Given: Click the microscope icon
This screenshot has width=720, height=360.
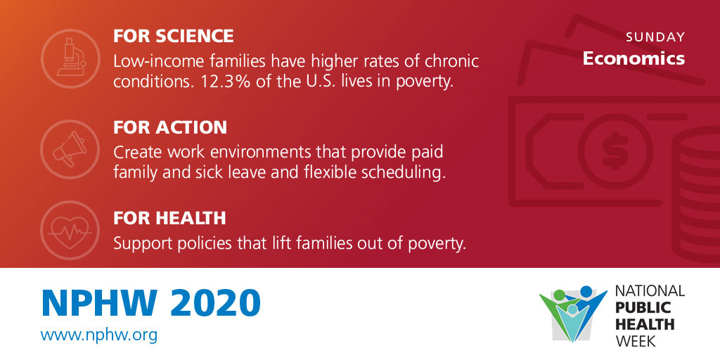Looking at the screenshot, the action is (x=70, y=58).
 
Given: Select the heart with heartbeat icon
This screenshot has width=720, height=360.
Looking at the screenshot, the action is (x=70, y=231).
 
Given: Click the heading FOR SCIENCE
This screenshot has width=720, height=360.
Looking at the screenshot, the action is (x=174, y=37).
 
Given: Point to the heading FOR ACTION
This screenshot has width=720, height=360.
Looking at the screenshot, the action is (x=170, y=127).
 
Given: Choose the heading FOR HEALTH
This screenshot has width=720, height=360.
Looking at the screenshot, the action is (x=169, y=218).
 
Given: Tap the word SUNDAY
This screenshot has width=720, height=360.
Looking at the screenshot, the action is (x=655, y=37).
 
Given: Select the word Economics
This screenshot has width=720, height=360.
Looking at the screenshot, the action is (x=634, y=58).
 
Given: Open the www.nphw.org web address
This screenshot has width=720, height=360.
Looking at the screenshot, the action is (x=98, y=335).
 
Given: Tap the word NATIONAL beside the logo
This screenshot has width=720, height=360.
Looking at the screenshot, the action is (x=650, y=290).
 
